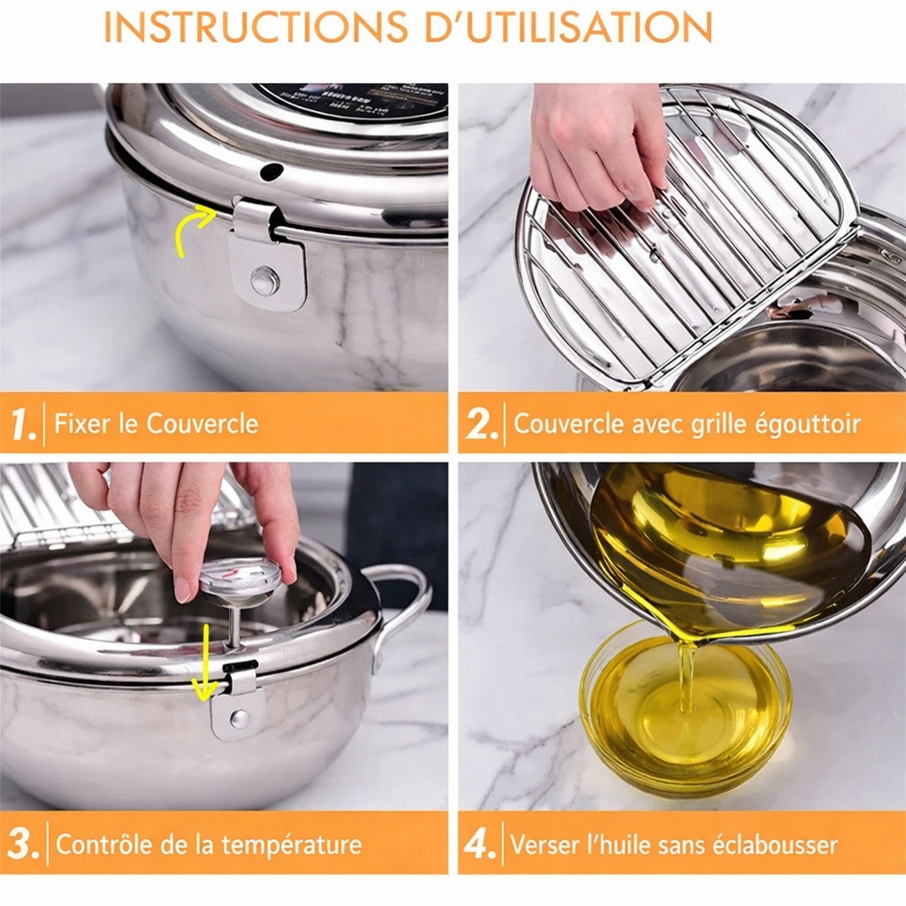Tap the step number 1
click(24, 424)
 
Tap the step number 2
click(482, 424)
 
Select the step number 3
click(24, 844)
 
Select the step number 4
click(480, 844)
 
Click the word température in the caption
click(292, 844)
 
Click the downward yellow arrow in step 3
click(204, 664)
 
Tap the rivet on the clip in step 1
click(264, 280)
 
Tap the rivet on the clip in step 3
click(239, 718)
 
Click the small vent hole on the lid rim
click(272, 171)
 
